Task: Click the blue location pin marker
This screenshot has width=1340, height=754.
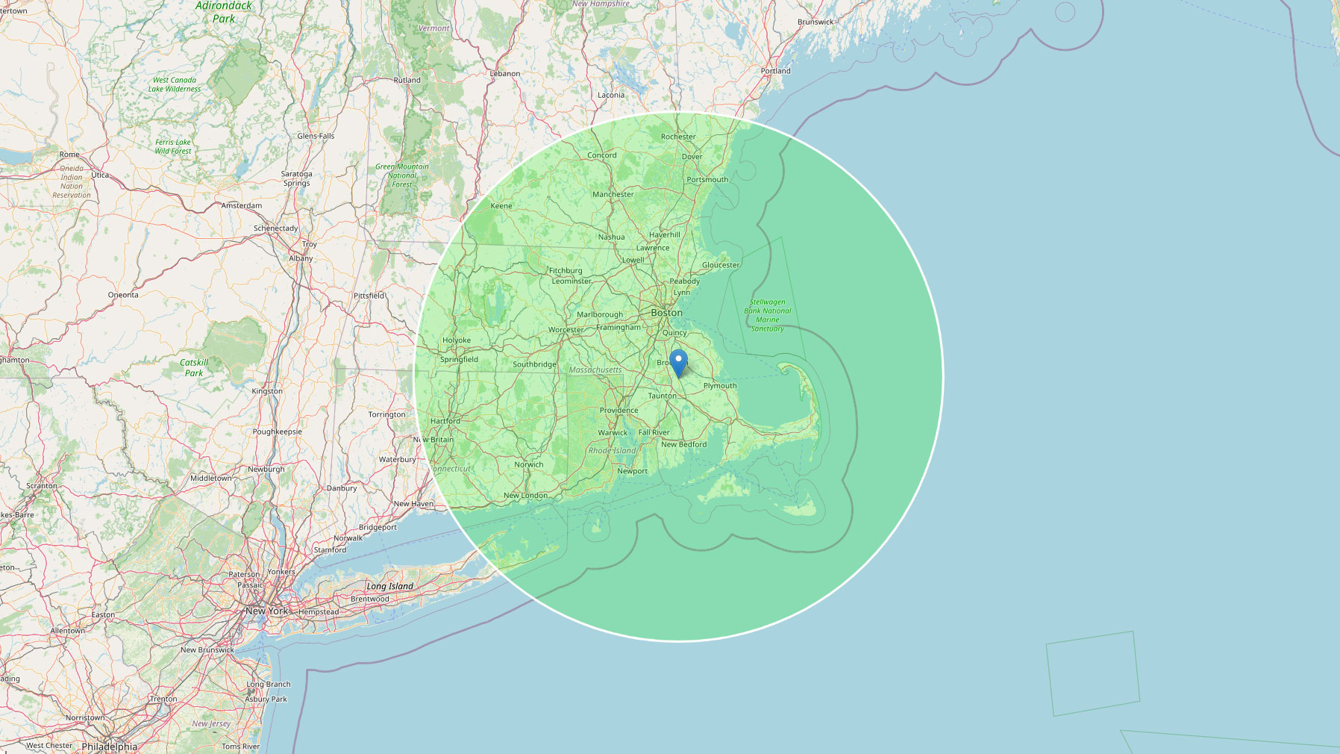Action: [x=678, y=362]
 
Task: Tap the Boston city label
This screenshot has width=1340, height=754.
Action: [x=666, y=313]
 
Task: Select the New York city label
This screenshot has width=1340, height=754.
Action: [x=266, y=611]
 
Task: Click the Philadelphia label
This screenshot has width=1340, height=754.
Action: [x=109, y=747]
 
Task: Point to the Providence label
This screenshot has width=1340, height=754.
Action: [x=619, y=411]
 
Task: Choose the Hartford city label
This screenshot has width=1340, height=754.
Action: [x=445, y=421]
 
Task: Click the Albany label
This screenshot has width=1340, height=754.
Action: [x=301, y=258]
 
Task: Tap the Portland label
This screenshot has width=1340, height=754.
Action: [x=775, y=71]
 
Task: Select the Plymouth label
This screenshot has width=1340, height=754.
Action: [x=720, y=386]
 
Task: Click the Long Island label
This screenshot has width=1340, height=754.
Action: [x=389, y=586]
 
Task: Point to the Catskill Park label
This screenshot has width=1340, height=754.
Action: [x=194, y=367]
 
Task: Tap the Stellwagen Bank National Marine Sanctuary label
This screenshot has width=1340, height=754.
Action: [x=767, y=315]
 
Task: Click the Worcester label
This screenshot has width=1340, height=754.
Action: [x=566, y=330]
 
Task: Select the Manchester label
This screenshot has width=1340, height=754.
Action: [x=613, y=194]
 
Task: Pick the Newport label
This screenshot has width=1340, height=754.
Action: [x=632, y=471]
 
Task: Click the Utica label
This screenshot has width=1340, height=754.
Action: [x=100, y=175]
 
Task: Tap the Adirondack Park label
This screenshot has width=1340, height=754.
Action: [x=224, y=12]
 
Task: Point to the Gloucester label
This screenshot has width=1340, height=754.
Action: [x=721, y=265]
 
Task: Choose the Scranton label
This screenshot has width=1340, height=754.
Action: [x=42, y=486]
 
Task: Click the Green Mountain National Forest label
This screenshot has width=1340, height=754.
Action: [x=401, y=175]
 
